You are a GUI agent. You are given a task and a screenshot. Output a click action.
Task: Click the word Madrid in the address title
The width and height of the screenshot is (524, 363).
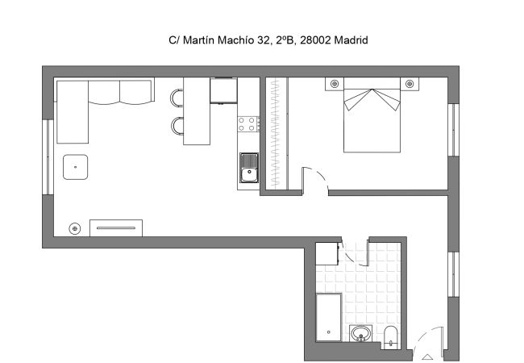[x=351, y=40]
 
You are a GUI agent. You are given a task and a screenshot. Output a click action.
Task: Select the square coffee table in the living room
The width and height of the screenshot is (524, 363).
[x=76, y=167]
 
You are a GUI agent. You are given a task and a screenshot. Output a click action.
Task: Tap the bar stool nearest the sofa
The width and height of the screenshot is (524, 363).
[x=177, y=98]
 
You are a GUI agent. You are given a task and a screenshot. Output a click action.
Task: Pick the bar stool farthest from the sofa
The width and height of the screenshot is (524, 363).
[x=177, y=125]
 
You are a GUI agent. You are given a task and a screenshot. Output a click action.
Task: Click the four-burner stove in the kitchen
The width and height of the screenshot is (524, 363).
[x=248, y=124]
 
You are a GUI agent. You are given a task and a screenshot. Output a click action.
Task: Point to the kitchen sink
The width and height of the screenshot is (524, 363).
[x=248, y=169]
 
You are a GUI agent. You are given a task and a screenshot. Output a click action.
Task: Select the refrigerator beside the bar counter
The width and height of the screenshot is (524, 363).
[x=223, y=90]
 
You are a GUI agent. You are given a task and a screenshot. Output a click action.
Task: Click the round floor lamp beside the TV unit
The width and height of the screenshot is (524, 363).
[x=75, y=228]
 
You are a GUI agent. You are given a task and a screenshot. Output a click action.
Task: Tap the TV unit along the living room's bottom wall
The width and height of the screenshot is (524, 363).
[x=115, y=228]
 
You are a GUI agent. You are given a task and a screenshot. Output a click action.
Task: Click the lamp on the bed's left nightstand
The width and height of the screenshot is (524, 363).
[x=334, y=83]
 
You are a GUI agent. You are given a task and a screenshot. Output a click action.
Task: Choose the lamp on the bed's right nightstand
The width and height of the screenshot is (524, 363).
[x=410, y=83]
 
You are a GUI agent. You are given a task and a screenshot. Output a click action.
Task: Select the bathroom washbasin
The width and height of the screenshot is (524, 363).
[x=360, y=333]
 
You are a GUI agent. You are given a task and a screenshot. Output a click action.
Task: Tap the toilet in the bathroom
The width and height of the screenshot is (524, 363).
[x=391, y=336]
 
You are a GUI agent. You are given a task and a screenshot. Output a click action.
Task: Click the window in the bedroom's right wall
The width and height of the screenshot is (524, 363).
[x=453, y=130]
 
